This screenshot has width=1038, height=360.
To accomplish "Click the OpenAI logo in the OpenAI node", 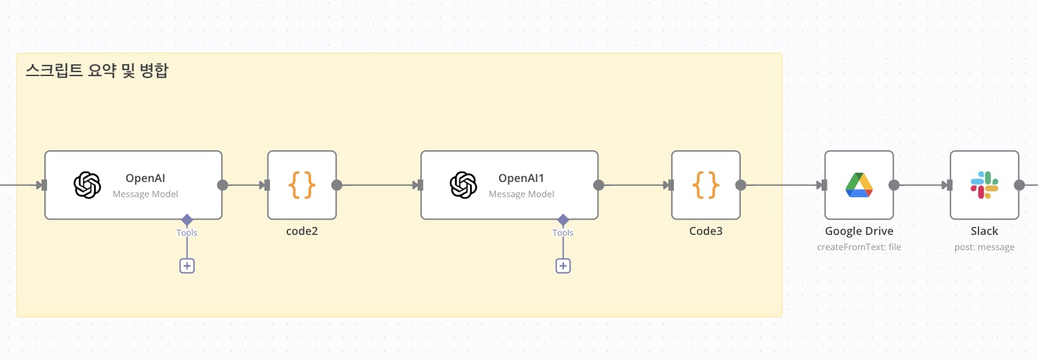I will pos(87,185).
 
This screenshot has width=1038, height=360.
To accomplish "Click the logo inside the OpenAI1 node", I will pos(463,185).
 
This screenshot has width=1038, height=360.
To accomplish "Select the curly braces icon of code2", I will pos(302,185).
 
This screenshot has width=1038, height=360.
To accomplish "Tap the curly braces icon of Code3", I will pos(706,185).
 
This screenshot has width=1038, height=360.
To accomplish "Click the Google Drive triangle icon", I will pos(859,185).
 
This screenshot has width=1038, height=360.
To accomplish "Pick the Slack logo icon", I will pos(984,185).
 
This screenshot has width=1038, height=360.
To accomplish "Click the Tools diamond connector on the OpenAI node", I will pos(187,219).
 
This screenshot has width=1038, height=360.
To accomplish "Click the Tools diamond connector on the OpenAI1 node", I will pos(563,219).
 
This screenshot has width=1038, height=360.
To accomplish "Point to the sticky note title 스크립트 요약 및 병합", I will pos(97,71).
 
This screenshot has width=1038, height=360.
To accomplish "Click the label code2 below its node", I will pos(302,232).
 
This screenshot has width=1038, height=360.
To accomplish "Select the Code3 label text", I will pos(706,232).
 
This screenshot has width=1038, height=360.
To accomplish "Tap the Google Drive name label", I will pos(859,232).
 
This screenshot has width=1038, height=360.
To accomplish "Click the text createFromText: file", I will pos(859,247).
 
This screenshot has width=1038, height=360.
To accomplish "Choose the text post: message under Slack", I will pos(984,247).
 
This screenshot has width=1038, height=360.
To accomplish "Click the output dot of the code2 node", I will pos(336,185).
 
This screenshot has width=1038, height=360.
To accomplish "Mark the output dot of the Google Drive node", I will pos(894,185).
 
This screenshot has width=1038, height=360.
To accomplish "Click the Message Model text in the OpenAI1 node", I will pos(522,194).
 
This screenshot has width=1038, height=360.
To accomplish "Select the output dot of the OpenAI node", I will pos(222,185).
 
